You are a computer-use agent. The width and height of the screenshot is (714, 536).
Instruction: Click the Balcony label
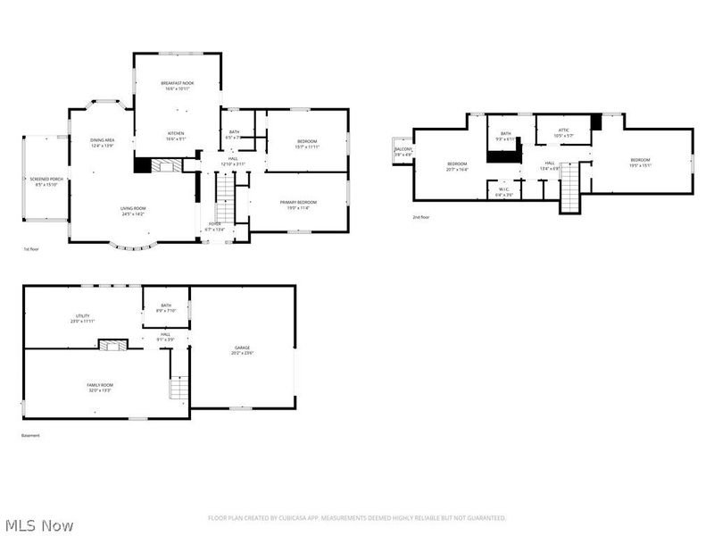point(403,153)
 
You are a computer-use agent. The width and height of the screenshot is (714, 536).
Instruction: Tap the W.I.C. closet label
point(504,190)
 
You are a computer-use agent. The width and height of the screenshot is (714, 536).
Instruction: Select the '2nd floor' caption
point(420,217)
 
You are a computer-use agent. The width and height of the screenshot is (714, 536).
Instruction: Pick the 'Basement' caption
point(30,435)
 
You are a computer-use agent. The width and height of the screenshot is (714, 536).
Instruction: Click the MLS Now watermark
point(39,525)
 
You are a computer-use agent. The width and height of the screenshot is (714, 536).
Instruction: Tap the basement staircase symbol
point(179,389)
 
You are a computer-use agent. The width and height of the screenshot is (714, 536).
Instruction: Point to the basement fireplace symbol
point(112,344)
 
